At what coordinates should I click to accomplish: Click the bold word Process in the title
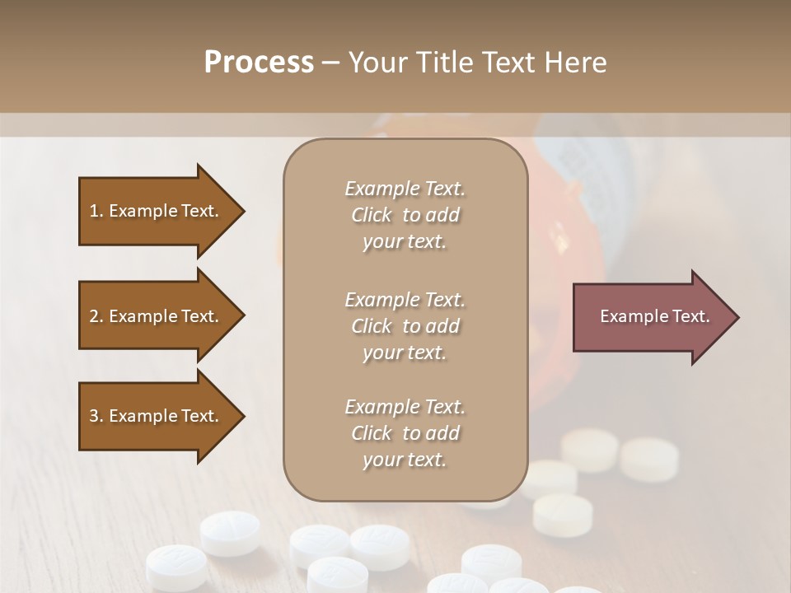click(259, 63)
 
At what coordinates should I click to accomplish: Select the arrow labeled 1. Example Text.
click(157, 211)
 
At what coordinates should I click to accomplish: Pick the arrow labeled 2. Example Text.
click(157, 316)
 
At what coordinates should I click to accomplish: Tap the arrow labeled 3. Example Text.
click(157, 416)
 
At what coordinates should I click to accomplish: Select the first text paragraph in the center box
click(405, 215)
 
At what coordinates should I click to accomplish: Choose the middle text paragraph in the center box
click(405, 326)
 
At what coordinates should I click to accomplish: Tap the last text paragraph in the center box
click(405, 433)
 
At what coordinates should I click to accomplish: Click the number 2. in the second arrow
click(96, 316)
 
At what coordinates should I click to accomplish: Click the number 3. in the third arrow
click(96, 416)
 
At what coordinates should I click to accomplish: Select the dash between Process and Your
click(330, 63)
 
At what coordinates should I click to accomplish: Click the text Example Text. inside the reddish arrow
click(654, 316)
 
